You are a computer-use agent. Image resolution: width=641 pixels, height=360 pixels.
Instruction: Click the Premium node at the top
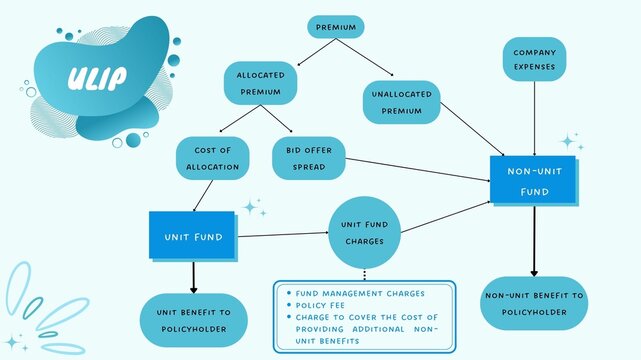pos(335,26)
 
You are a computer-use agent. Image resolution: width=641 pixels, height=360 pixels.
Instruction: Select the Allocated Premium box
pos(261,84)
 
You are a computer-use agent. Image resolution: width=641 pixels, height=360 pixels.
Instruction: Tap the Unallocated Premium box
pos(401,103)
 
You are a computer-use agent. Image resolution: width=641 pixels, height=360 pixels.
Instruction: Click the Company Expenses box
pos(534,59)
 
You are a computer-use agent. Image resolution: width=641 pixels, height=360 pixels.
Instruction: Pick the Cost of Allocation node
pos(210,157)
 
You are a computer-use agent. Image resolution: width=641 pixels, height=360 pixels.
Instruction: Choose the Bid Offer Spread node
pos(309,157)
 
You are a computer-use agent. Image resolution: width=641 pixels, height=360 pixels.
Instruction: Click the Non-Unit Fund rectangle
pos(533,180)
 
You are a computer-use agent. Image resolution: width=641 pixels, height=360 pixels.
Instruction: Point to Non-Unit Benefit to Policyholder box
pos(535,303)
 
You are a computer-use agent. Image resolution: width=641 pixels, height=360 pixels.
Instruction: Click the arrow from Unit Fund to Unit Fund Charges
pos(285,235)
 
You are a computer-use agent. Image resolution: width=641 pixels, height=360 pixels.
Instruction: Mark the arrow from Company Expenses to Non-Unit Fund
pos(534,118)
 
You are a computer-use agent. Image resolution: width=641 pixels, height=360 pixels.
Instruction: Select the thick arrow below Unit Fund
pos(193,275)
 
